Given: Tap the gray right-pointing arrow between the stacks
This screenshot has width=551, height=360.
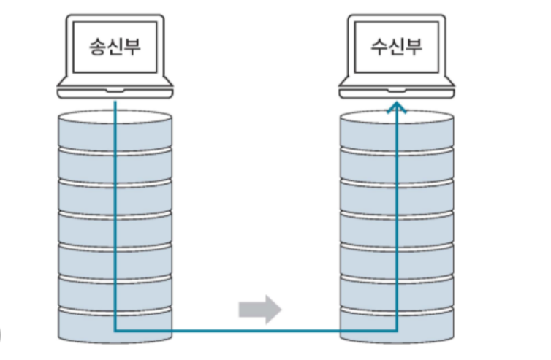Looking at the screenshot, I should (259, 309).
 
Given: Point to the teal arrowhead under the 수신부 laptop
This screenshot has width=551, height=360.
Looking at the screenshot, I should (396, 107).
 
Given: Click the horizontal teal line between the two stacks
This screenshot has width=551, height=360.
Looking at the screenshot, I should (256, 330).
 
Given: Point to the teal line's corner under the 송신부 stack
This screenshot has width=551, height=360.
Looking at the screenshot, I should (116, 330).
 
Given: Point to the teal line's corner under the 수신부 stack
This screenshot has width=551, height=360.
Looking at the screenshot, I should (396, 330).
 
